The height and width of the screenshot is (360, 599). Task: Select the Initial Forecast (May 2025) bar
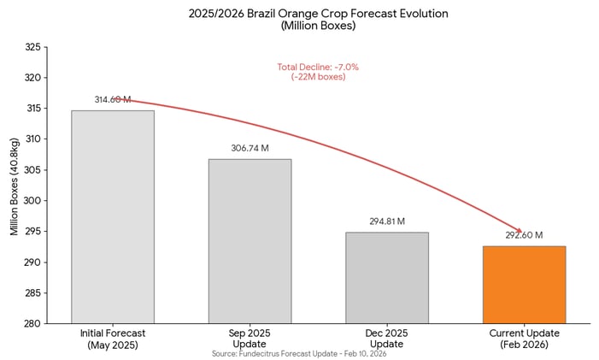pyautogui.click(x=113, y=216)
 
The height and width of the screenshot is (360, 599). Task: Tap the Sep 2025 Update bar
pyautogui.click(x=250, y=241)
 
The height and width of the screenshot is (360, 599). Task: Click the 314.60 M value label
pyautogui.click(x=113, y=100)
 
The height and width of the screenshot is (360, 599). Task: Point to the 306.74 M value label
pyautogui.click(x=250, y=149)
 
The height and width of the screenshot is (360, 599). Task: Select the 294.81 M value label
pyautogui.click(x=386, y=221)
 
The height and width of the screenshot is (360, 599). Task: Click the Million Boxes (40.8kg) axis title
pyautogui.click(x=15, y=186)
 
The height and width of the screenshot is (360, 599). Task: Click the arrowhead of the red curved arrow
pyautogui.click(x=518, y=231)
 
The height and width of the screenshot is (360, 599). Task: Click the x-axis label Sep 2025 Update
pyautogui.click(x=250, y=338)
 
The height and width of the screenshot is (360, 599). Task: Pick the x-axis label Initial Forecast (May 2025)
pyautogui.click(x=113, y=338)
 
